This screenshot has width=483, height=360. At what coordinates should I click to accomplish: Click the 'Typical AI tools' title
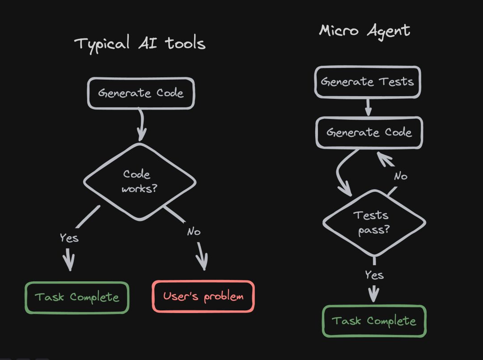coord(140,44)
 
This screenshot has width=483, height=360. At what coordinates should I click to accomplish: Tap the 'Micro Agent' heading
coord(364,31)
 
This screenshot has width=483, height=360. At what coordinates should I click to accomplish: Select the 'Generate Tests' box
coord(367,82)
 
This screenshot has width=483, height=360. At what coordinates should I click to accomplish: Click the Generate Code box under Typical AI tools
coord(141,93)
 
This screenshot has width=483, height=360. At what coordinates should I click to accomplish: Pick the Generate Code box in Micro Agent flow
coord(369,132)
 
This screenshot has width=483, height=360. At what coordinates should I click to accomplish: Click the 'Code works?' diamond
coord(140,181)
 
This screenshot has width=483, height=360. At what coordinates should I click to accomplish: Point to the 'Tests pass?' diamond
coord(374,222)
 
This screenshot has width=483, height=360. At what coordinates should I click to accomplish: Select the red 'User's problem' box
coord(203,296)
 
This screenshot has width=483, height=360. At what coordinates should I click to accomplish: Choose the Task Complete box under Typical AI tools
coord(77,297)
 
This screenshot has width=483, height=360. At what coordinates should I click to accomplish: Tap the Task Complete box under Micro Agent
coord(374,321)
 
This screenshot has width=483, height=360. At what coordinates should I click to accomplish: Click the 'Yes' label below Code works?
coord(69,237)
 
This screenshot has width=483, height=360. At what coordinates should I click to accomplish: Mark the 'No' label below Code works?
coord(194,232)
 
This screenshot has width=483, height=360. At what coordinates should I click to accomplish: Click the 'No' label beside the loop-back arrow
coord(401,176)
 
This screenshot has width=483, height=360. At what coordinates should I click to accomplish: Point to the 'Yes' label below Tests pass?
coord(374,275)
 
